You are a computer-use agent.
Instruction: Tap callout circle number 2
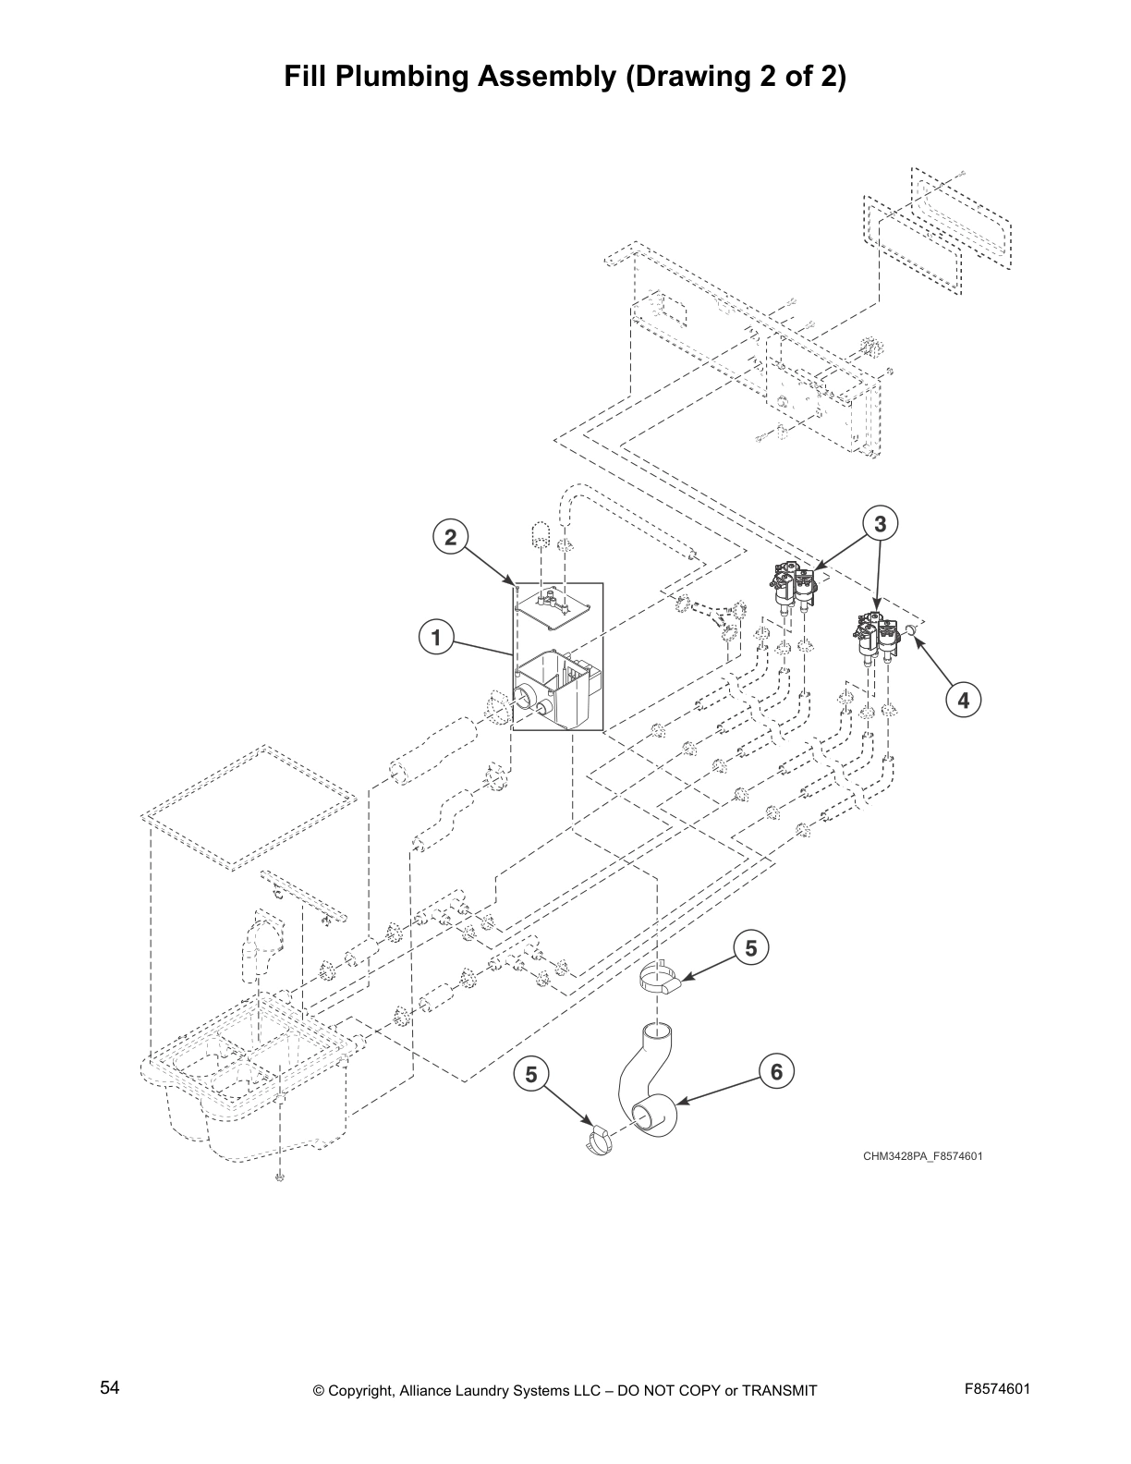pyautogui.click(x=450, y=537)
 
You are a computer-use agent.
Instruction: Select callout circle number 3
pyautogui.click(x=880, y=524)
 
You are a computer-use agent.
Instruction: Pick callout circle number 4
pyautogui.click(x=963, y=700)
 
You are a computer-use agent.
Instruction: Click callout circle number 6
pyautogui.click(x=776, y=1071)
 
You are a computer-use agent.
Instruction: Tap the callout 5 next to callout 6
pyautogui.click(x=750, y=948)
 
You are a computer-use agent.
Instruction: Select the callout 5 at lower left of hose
pyautogui.click(x=530, y=1074)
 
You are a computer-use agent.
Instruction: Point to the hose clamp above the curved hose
pyautogui.click(x=662, y=982)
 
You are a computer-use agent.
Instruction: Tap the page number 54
pyautogui.click(x=110, y=1387)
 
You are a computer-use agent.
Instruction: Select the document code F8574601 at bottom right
pyautogui.click(x=997, y=1389)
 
